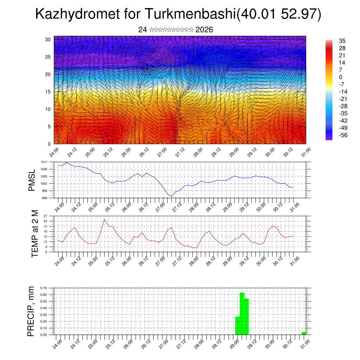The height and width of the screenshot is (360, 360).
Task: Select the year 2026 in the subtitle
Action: [x=204, y=30]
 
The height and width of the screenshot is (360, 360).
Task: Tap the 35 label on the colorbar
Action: [x=342, y=41]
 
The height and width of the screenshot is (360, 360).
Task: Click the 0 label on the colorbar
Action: [x=340, y=77]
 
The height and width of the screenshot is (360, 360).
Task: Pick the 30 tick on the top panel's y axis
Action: [x=48, y=39]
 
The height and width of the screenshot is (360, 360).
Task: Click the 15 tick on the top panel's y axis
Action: [x=48, y=92]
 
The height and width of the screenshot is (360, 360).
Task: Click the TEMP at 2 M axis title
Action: [x=35, y=233]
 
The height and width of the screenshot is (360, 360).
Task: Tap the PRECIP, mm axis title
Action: [x=31, y=311]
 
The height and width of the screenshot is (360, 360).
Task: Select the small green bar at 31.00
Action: [x=304, y=333]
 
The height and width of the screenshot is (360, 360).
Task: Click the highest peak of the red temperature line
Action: [x=104, y=219]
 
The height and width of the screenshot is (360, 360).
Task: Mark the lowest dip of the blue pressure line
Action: [x=172, y=196]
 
